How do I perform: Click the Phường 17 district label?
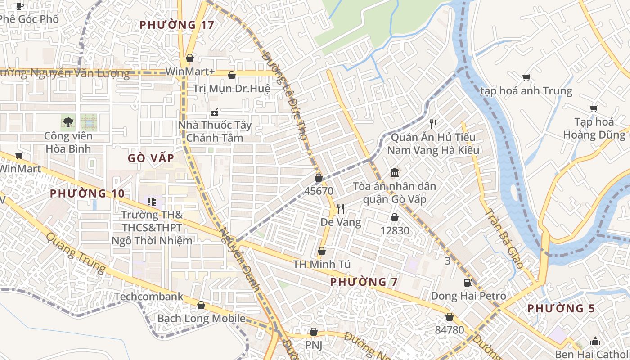click(x=177, y=25)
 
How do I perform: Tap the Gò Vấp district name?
click(x=151, y=158)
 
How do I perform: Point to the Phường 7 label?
click(x=364, y=282)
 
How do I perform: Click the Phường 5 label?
click(x=561, y=309)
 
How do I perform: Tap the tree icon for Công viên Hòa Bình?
click(x=68, y=121)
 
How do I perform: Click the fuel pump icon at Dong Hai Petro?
click(x=468, y=283)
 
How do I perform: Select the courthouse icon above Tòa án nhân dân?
click(x=395, y=172)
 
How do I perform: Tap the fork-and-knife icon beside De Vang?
click(x=341, y=208)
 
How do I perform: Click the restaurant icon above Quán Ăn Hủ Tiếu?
click(x=433, y=124)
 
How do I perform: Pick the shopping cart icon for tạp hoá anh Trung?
click(x=526, y=77)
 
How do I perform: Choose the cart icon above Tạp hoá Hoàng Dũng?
click(x=594, y=108)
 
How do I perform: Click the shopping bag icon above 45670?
click(x=319, y=178)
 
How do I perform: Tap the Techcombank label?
click(x=149, y=297)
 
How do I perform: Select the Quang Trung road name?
click(x=76, y=253)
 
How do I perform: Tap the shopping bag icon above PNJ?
click(x=314, y=332)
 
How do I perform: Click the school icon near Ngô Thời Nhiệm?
click(x=152, y=201)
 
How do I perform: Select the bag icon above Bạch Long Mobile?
click(x=201, y=305)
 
